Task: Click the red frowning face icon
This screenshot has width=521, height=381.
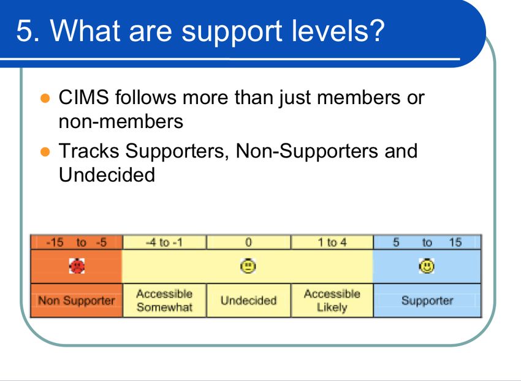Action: click(77, 266)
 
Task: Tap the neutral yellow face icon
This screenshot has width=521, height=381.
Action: click(248, 266)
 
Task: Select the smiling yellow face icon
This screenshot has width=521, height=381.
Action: click(427, 266)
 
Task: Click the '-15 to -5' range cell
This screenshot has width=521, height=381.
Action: click(77, 243)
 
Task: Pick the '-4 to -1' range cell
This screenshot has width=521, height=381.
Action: click(164, 243)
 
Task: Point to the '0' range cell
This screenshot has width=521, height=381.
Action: click(248, 243)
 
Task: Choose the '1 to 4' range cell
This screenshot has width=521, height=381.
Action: click(332, 243)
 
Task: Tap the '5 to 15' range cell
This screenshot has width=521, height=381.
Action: click(427, 243)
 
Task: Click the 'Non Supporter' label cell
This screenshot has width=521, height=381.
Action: click(77, 301)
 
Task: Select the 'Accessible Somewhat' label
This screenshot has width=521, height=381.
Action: click(164, 300)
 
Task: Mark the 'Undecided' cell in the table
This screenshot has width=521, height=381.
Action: click(248, 301)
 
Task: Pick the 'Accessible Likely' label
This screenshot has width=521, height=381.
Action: click(332, 300)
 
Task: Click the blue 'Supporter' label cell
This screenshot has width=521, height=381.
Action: click(427, 301)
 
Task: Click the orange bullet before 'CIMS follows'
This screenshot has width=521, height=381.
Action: click(45, 99)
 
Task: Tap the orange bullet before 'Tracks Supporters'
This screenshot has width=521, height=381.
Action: click(45, 151)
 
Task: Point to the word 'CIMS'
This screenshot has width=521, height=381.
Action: click(84, 97)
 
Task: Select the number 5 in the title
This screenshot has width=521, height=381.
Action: click(24, 31)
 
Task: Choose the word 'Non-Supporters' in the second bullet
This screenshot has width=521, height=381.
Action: click(306, 151)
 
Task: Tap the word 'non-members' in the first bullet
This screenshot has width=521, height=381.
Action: click(121, 121)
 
